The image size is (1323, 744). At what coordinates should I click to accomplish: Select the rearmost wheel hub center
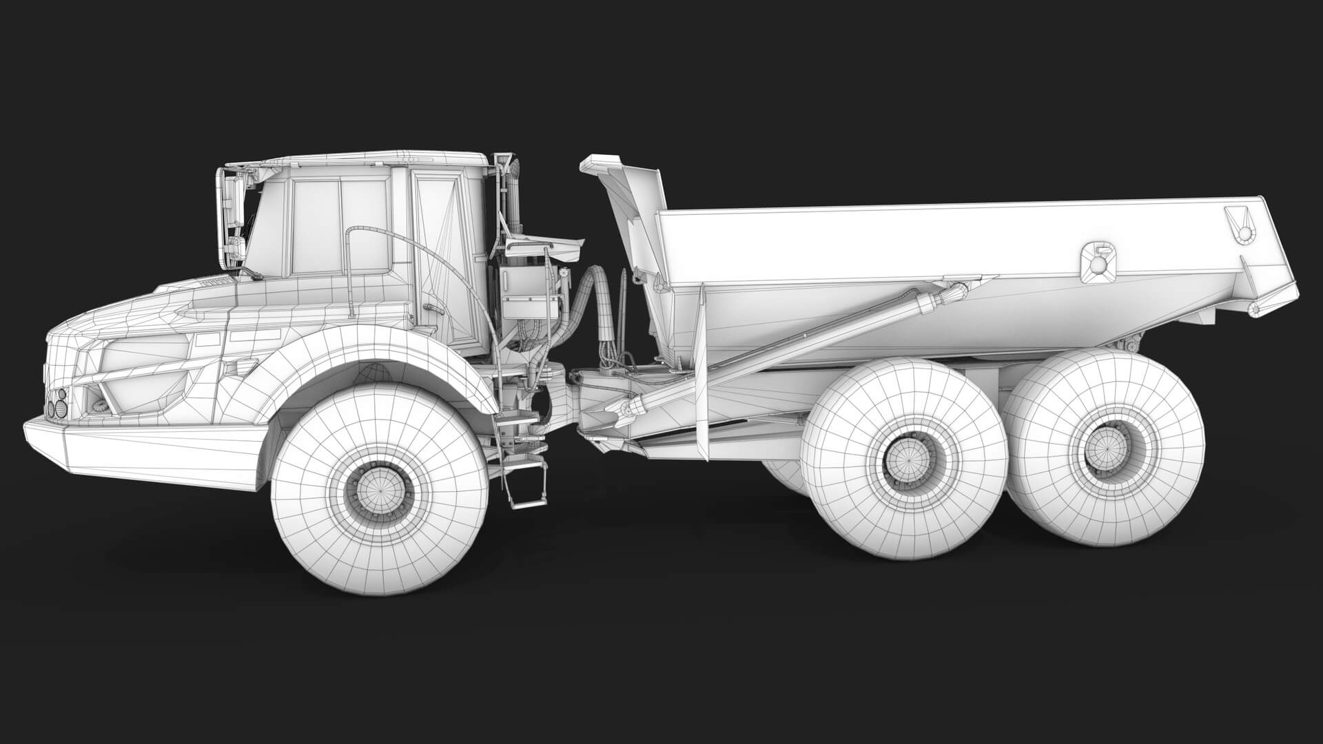click(x=1101, y=450)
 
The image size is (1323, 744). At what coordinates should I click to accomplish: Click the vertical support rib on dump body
click(x=703, y=372)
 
